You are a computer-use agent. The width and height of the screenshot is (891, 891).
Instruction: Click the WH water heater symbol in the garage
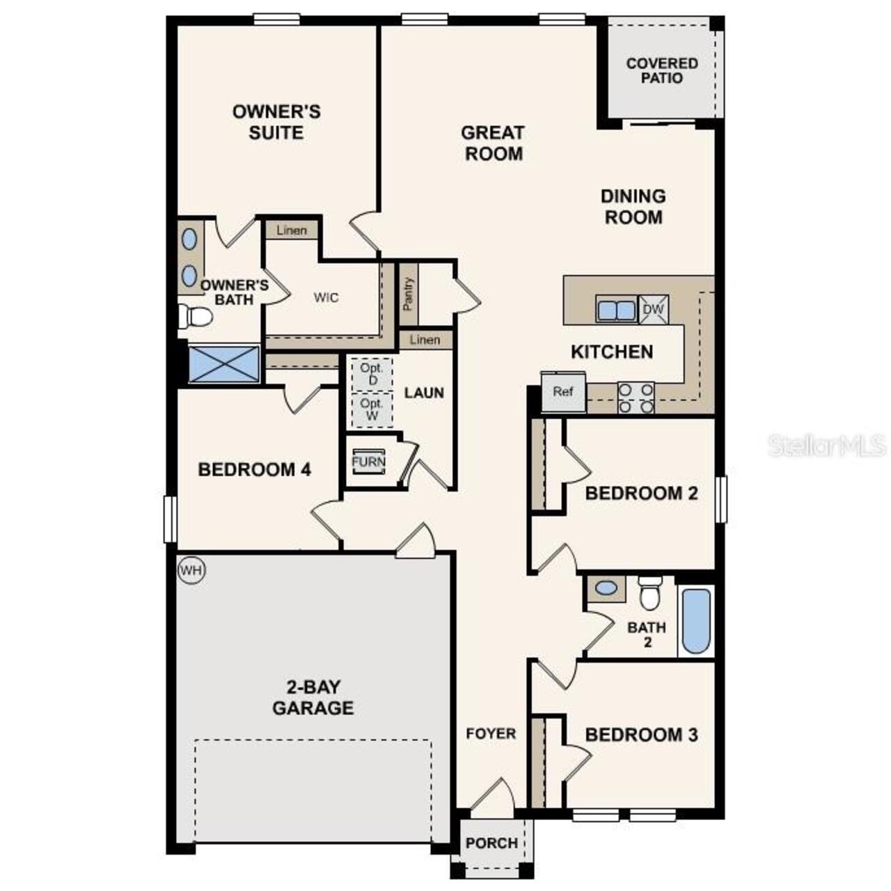pyautogui.click(x=191, y=571)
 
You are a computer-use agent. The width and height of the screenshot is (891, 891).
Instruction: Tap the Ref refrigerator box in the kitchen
pyautogui.click(x=563, y=392)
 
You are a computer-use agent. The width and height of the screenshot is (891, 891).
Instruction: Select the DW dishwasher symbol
pyautogui.click(x=654, y=309)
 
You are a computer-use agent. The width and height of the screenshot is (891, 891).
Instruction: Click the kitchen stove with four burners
pyautogui.click(x=636, y=398)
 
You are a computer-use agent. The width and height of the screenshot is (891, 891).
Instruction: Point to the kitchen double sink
pyautogui.click(x=616, y=310)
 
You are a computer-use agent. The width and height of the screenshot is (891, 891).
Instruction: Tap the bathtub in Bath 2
pyautogui.click(x=696, y=621)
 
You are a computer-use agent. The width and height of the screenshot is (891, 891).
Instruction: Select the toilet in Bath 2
pyautogui.click(x=649, y=593)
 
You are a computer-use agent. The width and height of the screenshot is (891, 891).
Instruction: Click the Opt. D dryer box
pyautogui.click(x=372, y=374)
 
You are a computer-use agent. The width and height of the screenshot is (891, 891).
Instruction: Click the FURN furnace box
pyautogui.click(x=368, y=462)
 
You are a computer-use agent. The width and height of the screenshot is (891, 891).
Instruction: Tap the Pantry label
pyautogui.click(x=409, y=294)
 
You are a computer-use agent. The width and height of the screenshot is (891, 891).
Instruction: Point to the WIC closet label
pyautogui.click(x=326, y=298)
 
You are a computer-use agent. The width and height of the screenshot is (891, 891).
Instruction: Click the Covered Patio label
pyautogui.click(x=662, y=70)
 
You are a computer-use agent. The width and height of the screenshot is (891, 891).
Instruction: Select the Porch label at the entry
pyautogui.click(x=491, y=843)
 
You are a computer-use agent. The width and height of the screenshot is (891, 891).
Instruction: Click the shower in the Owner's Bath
pyautogui.click(x=224, y=364)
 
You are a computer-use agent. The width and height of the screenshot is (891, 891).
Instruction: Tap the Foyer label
pyautogui.click(x=491, y=733)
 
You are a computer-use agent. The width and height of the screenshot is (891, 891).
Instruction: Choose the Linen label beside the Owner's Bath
pyautogui.click(x=291, y=230)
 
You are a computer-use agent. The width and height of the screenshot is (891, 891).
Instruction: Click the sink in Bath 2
pyautogui.click(x=606, y=588)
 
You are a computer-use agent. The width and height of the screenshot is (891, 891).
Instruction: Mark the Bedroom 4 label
pyautogui.click(x=254, y=469)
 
